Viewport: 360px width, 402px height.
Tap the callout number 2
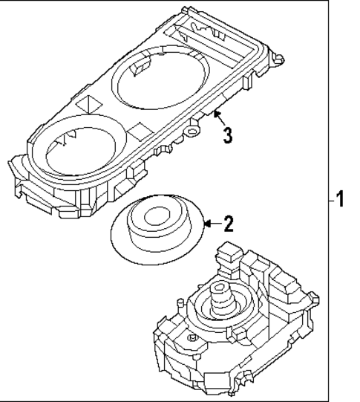(x=229, y=224)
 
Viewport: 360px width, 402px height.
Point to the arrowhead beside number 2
(x=207, y=223)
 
